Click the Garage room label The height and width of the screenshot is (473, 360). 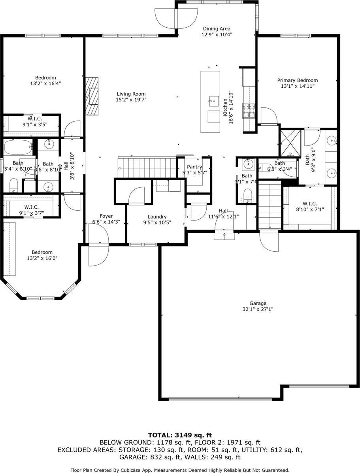(x=258, y=303)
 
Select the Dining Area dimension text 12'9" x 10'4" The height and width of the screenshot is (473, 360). (x=217, y=34)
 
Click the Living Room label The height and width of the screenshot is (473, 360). (x=131, y=94)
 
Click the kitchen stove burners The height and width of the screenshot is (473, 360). (x=249, y=111)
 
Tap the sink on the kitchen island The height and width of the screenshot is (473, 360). (x=214, y=100)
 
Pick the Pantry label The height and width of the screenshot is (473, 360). (x=194, y=167)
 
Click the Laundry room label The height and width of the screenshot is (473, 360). (x=157, y=217)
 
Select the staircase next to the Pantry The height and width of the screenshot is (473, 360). (x=146, y=167)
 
